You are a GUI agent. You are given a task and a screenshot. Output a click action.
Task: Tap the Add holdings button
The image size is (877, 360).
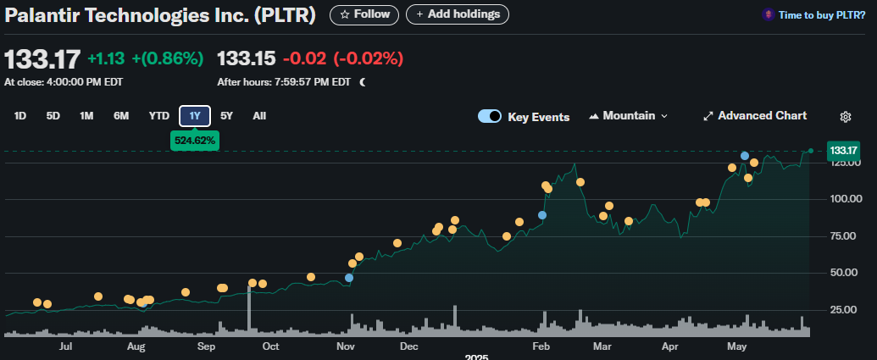(458, 14)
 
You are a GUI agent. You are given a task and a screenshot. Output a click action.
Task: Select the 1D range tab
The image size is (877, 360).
(20, 116)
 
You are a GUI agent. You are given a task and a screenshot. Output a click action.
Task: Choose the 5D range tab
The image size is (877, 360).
(53, 116)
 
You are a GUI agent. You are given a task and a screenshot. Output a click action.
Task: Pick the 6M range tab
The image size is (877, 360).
(121, 116)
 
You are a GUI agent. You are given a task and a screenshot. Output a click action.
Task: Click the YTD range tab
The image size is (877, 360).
(159, 116)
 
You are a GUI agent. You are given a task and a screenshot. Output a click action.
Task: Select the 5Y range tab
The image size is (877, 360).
(226, 116)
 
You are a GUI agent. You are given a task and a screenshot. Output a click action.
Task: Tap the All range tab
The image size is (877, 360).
(259, 116)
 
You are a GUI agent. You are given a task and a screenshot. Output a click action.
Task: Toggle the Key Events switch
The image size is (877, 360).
(490, 117)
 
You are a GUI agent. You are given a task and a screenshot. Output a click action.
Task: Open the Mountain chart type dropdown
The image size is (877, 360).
(628, 116)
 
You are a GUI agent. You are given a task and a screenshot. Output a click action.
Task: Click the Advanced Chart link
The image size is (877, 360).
(755, 116)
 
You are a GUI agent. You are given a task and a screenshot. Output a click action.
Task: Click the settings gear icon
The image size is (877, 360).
(845, 117)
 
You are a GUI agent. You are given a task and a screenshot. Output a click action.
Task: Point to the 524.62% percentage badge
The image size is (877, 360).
(195, 140)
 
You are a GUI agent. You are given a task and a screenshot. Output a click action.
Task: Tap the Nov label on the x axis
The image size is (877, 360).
(345, 346)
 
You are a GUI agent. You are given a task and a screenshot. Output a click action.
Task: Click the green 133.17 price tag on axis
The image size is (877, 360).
(844, 151)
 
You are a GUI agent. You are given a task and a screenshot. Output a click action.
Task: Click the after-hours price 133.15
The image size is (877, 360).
(247, 58)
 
